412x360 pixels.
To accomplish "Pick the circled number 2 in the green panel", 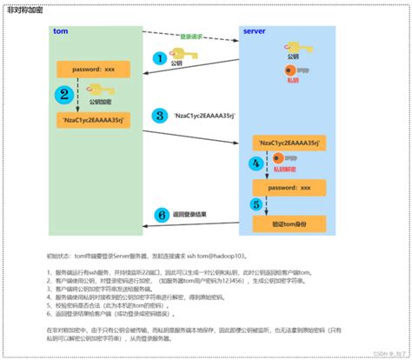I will (63, 95).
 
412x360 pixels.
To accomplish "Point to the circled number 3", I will (158, 115).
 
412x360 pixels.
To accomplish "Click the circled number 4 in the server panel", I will (255, 163).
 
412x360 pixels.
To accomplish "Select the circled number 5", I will (255, 205).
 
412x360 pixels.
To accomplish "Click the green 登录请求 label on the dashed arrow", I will (192, 37).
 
